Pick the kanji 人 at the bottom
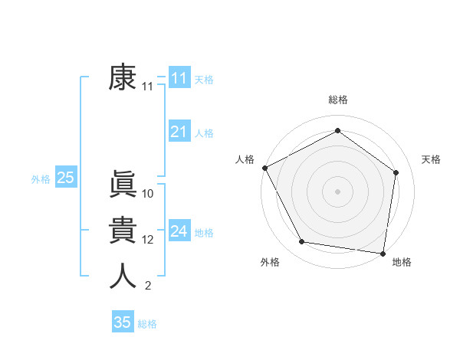click(123, 276)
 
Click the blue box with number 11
click(179, 78)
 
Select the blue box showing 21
click(179, 132)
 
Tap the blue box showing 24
click(179, 231)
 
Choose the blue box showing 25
click(65, 178)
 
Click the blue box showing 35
click(122, 322)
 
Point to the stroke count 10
click(148, 194)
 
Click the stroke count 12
click(148, 240)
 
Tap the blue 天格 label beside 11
click(204, 80)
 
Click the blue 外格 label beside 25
click(41, 179)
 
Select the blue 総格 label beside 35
click(147, 324)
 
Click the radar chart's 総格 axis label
click(337, 100)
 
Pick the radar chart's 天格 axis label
click(431, 159)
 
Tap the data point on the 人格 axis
click(264, 168)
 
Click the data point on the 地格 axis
click(383, 253)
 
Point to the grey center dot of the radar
click(337, 191)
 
